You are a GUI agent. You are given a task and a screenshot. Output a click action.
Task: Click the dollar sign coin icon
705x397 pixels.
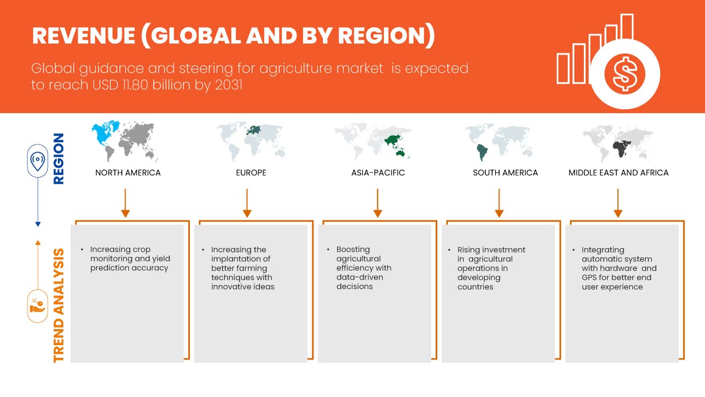click(x=625, y=74)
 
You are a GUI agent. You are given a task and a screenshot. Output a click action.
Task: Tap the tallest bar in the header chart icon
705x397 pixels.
click(x=627, y=27)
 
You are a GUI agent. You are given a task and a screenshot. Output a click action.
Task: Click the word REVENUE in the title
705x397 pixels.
click(x=84, y=36)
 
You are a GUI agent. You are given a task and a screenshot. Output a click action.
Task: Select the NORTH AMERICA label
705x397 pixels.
click(x=128, y=173)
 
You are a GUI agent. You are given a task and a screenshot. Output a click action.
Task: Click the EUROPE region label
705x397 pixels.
click(x=251, y=173)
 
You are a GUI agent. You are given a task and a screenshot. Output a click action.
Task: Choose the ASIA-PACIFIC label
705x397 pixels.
click(x=378, y=173)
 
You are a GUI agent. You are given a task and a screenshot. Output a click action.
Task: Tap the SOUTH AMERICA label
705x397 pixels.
click(x=505, y=173)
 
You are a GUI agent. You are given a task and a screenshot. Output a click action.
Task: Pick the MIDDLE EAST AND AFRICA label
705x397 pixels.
click(x=619, y=173)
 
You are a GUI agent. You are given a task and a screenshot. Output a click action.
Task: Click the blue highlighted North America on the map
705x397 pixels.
click(x=105, y=132)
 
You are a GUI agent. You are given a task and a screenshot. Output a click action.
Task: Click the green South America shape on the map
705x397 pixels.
click(x=481, y=153)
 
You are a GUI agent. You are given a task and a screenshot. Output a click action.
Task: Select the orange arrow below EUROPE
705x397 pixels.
click(x=247, y=203)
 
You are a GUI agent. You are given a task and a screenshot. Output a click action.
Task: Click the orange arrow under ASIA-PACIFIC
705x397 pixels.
click(x=377, y=203)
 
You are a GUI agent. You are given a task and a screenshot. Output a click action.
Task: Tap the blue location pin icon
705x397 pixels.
click(x=38, y=160)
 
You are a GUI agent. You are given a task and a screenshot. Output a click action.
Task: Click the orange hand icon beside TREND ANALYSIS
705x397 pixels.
click(x=37, y=306)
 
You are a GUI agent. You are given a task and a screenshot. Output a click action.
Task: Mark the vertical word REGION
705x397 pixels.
click(x=58, y=159)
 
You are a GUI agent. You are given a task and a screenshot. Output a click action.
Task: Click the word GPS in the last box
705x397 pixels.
click(x=589, y=277)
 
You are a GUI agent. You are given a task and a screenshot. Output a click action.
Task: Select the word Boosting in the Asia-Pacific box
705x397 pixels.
click(x=353, y=250)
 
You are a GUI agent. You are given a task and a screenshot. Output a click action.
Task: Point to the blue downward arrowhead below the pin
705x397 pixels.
click(x=38, y=224)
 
